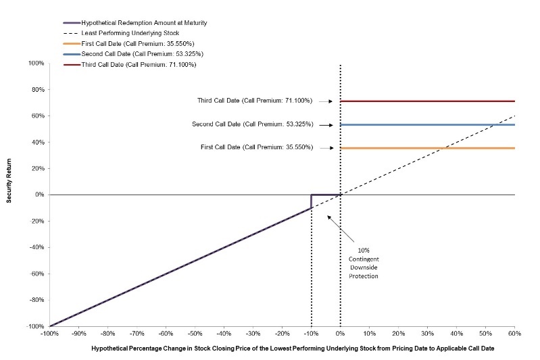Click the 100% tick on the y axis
click(x=35, y=63)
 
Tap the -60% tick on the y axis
click(x=34, y=274)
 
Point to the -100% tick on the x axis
click(x=49, y=334)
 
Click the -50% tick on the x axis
click(x=195, y=334)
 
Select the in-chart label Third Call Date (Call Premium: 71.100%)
click(x=255, y=101)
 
